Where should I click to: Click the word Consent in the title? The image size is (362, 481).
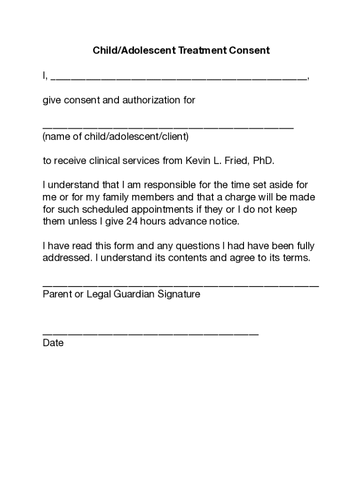(x=250, y=50)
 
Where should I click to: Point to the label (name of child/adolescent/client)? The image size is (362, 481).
(x=116, y=137)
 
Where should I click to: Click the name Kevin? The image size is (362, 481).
(x=199, y=161)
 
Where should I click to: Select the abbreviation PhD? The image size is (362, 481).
(x=263, y=161)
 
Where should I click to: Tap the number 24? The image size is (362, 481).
(x=132, y=222)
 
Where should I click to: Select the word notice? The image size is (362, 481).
(x=223, y=222)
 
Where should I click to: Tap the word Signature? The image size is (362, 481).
(x=177, y=295)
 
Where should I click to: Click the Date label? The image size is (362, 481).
(x=53, y=343)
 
